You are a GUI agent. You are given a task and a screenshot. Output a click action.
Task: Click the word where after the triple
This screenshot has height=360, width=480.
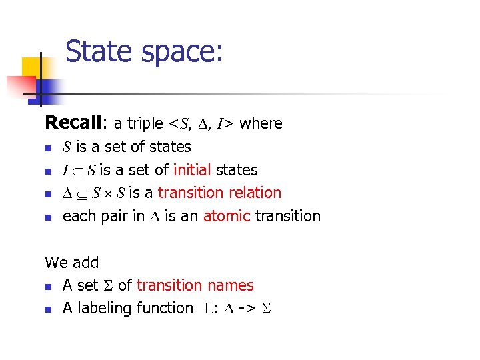(261, 123)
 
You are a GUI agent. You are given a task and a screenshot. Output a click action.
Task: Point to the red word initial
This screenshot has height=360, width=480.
(192, 170)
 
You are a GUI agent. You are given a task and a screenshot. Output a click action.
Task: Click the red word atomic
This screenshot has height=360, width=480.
(227, 216)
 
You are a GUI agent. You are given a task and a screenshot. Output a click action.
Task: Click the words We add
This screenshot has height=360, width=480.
(71, 263)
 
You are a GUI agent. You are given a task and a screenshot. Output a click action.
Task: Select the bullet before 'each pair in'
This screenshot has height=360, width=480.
(48, 217)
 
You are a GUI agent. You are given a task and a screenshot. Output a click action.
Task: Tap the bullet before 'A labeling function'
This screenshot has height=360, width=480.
(48, 309)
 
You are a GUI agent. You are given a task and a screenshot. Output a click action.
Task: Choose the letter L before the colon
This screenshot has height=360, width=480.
(207, 309)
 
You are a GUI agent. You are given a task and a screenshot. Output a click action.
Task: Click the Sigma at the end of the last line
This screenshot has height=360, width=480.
(270, 309)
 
